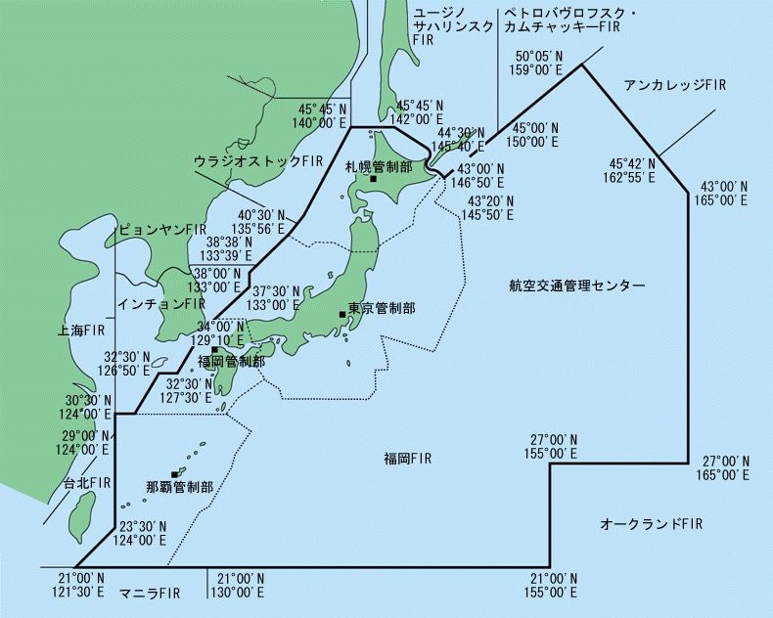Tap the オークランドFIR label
651,525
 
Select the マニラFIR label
150,594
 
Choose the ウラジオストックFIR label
258,159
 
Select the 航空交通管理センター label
577,287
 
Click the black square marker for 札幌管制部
373,179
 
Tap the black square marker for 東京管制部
342,314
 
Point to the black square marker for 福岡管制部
214,349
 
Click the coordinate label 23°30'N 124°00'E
142,532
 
